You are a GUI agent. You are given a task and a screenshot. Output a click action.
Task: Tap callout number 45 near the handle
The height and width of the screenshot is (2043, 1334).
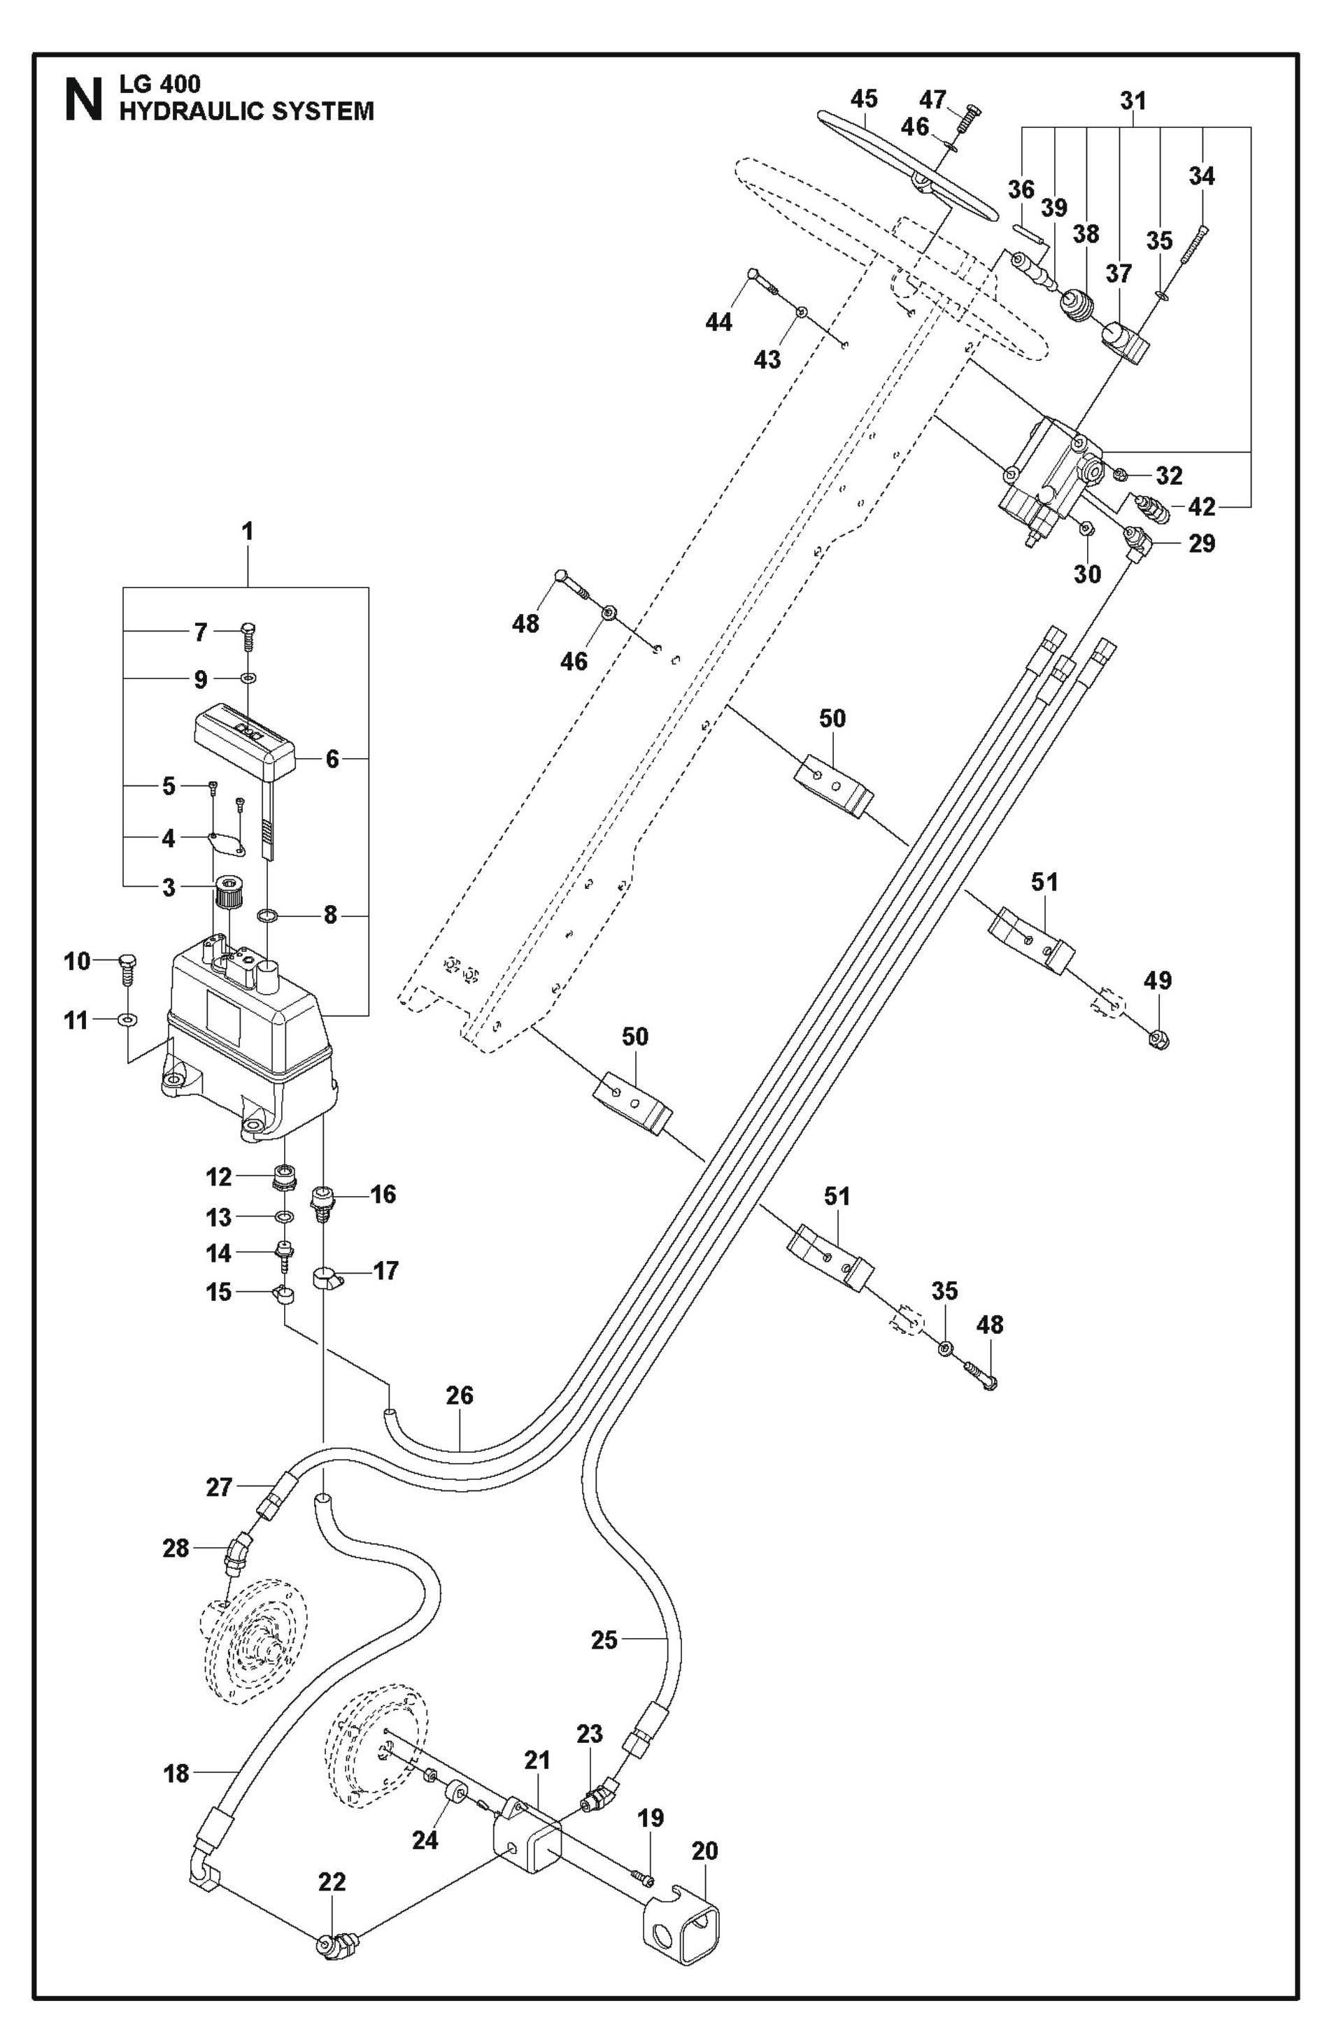pyautogui.click(x=864, y=98)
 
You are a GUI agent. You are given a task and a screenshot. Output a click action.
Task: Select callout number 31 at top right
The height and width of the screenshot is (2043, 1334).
pyautogui.click(x=1133, y=101)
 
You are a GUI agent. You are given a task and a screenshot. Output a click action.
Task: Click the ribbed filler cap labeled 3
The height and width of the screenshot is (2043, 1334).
pyautogui.click(x=227, y=892)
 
